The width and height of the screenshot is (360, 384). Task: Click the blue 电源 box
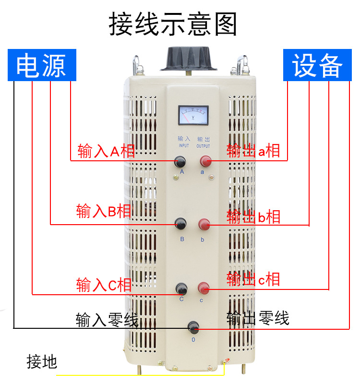[x=41, y=65]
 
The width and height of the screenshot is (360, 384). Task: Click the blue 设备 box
[x=318, y=65]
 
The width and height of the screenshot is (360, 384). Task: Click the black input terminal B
[x=180, y=223]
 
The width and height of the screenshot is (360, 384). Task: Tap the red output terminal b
[x=204, y=224]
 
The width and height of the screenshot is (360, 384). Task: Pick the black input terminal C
[x=181, y=288]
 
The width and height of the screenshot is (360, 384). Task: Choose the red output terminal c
[x=204, y=288]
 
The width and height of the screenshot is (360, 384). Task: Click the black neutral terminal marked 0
[x=193, y=328]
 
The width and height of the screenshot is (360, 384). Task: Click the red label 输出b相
[x=253, y=217]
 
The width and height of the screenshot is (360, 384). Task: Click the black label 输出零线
[x=258, y=318]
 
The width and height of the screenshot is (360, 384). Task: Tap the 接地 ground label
[x=42, y=361]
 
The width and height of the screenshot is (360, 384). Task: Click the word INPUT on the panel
[x=184, y=146]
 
